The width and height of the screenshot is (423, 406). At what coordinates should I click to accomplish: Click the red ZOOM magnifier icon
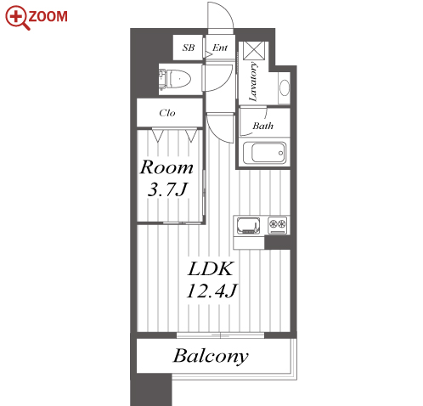(x=17, y=18)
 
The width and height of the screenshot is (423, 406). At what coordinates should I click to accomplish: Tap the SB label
(x=189, y=48)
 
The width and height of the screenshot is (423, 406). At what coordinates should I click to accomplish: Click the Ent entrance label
(x=220, y=48)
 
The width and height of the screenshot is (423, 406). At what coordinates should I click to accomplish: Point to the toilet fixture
(x=175, y=79)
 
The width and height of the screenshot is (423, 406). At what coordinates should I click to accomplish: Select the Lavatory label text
(x=253, y=82)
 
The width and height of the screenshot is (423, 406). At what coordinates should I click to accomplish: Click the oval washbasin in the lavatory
(x=285, y=87)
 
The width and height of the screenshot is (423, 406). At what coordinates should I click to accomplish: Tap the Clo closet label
(x=167, y=113)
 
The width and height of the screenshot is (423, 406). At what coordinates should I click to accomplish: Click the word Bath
(x=263, y=126)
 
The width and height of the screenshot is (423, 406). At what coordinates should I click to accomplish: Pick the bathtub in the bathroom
(x=265, y=153)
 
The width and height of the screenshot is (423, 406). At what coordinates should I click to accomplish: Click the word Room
(x=166, y=167)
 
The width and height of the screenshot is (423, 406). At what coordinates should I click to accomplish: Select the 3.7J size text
(x=167, y=189)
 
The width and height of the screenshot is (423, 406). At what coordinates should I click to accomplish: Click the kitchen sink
(x=248, y=226)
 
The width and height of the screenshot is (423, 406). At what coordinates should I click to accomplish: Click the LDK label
(x=211, y=268)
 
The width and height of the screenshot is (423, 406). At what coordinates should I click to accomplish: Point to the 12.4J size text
(x=211, y=290)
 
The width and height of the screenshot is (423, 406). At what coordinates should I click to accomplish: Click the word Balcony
(x=211, y=356)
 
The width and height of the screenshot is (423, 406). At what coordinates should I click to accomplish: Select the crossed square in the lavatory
(x=254, y=51)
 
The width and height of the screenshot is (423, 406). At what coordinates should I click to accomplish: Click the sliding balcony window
(x=220, y=336)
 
